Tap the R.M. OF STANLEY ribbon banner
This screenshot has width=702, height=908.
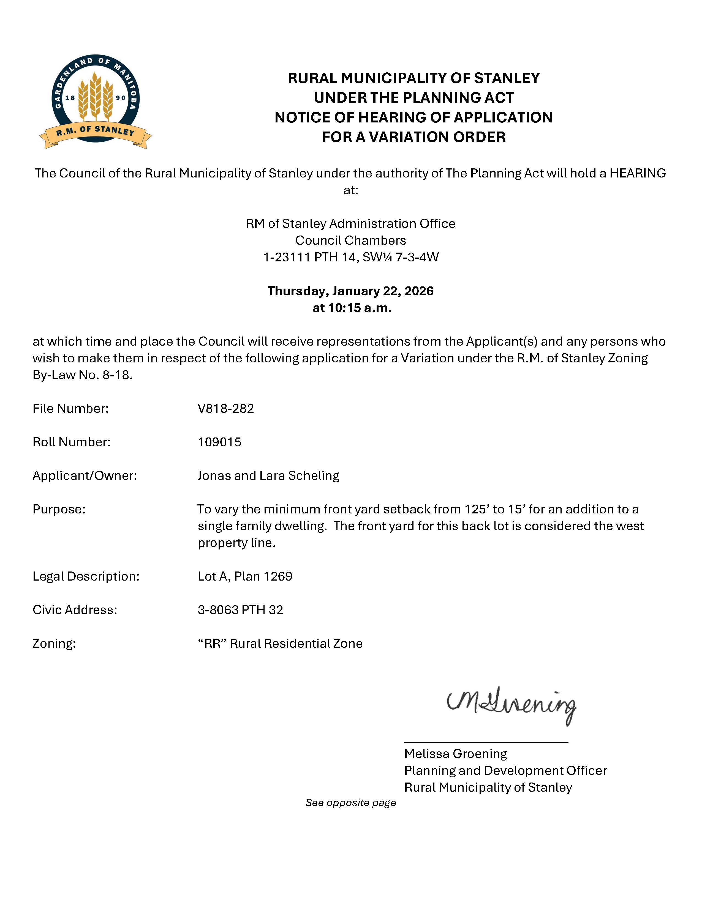(x=96, y=132)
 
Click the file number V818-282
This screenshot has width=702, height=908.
(x=225, y=408)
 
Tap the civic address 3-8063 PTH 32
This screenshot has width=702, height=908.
(x=240, y=610)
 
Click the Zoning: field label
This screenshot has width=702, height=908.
(x=54, y=644)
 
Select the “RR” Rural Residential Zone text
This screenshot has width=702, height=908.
(x=280, y=644)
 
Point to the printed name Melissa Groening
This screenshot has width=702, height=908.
(x=455, y=754)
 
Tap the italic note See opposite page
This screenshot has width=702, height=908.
(x=350, y=803)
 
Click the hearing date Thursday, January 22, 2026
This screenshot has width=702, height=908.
(x=350, y=291)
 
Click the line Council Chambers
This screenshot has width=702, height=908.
(x=350, y=240)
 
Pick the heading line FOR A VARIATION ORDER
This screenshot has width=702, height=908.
(x=414, y=137)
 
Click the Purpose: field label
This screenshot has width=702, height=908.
(x=59, y=509)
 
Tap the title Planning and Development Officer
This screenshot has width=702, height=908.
(x=505, y=770)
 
